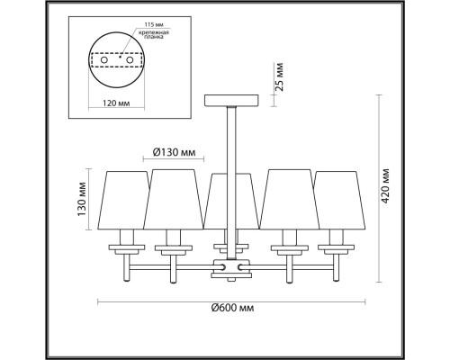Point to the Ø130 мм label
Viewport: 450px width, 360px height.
[x=175, y=151]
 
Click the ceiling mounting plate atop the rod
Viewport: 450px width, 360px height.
[x=230, y=98]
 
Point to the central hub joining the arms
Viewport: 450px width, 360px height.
[x=229, y=267]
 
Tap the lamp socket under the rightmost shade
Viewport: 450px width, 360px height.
[x=337, y=245]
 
